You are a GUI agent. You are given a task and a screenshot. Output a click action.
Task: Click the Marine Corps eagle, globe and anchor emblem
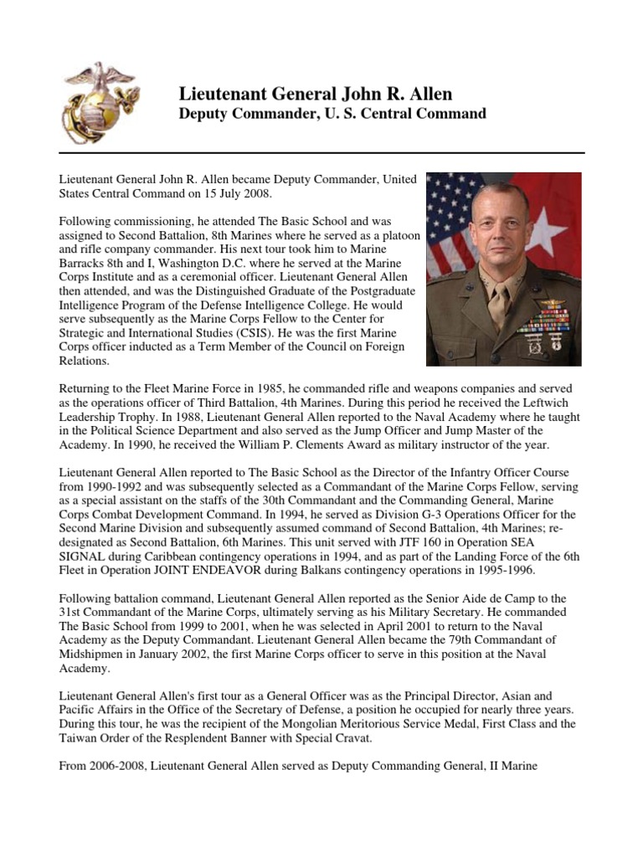click(x=100, y=101)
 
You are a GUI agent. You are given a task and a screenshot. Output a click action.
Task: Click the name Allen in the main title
click(x=430, y=94)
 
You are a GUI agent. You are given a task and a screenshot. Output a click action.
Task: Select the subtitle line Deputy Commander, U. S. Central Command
click(x=333, y=113)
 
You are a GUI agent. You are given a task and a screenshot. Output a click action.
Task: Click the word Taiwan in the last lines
click(x=80, y=737)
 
